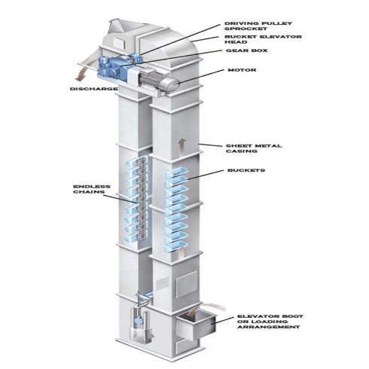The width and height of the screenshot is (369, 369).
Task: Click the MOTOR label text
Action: pos(242,70)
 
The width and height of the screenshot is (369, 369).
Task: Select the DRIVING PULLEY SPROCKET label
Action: pos(258,26)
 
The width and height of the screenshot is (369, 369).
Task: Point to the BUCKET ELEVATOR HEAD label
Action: pos(263,39)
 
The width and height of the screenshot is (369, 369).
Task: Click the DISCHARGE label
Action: pos(93,89)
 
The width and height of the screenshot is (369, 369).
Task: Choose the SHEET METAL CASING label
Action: pos(254,148)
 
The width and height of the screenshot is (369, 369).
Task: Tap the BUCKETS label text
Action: pos(246,170)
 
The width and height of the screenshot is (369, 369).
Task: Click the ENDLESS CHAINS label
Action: pos(92,189)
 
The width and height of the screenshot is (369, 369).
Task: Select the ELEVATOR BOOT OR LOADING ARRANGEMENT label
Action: pos(270,322)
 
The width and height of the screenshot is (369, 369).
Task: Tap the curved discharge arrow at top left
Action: pos(81,75)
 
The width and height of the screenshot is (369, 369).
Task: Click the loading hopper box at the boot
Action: pos(196,325)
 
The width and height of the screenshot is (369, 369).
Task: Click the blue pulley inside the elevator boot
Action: pos(139,321)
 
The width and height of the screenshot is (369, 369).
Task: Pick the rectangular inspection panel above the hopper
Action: pos(186,285)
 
